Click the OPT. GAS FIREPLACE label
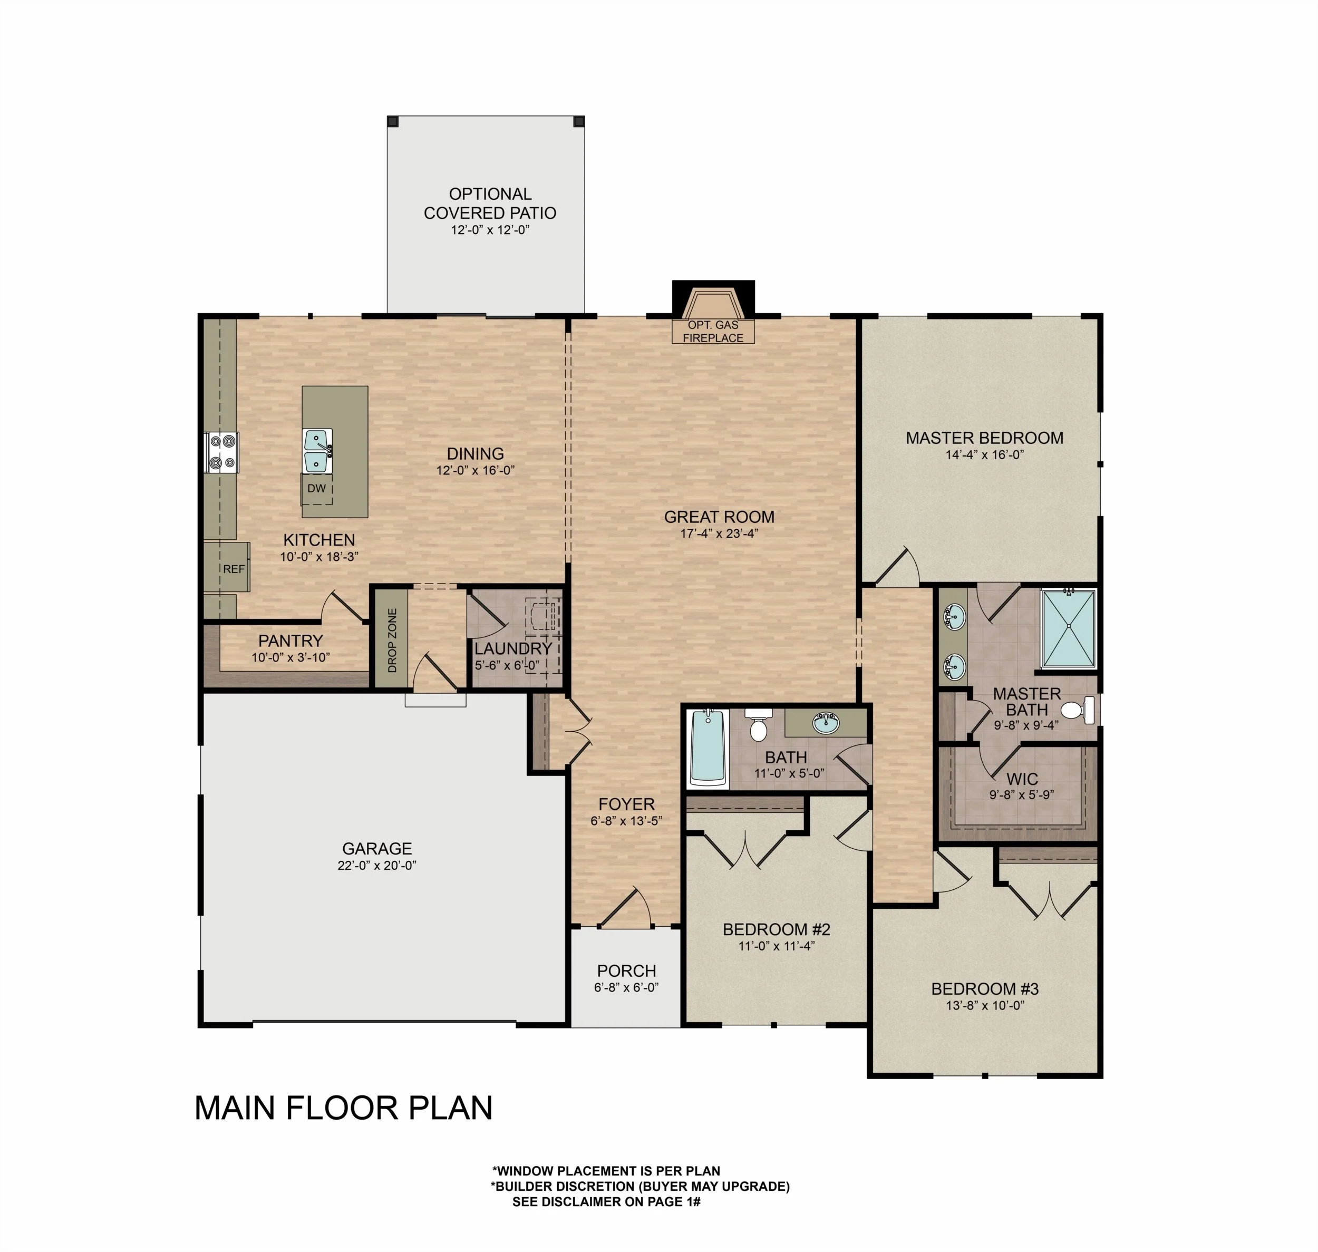(713, 331)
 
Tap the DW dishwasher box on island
(317, 489)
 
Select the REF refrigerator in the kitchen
(233, 569)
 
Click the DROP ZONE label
(392, 639)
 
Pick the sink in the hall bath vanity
(826, 723)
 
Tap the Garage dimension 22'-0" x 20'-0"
(377, 866)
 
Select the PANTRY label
(290, 640)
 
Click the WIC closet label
(1022, 779)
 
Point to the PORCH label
(626, 970)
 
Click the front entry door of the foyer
(626, 910)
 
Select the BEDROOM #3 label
(984, 988)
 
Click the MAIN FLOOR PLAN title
(344, 1108)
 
